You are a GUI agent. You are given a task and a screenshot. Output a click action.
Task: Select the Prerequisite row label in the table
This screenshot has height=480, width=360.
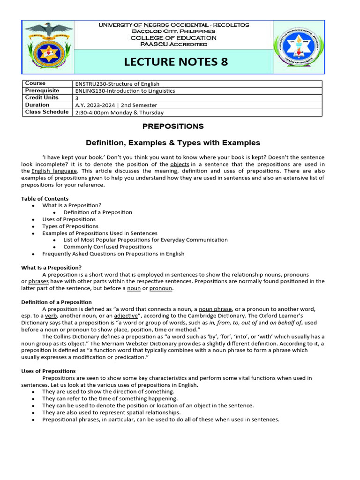pos(42,90)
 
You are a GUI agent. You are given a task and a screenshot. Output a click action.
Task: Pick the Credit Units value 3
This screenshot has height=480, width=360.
pos(77,98)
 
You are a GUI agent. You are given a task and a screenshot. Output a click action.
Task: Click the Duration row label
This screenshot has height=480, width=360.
pos(37,105)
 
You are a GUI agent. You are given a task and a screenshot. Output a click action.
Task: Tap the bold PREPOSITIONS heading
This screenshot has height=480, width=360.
pos(173,126)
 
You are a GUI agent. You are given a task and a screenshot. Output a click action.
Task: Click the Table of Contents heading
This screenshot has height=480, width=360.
pos(45,199)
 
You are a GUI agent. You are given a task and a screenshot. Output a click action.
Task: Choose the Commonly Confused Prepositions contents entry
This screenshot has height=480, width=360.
pos(108,247)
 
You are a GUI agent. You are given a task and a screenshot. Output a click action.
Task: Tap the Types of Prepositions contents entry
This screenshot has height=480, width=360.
pos(70,226)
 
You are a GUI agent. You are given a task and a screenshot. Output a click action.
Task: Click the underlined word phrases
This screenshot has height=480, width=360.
pos(38,281)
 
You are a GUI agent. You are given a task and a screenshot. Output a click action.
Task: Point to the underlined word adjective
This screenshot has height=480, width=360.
pos(126,316)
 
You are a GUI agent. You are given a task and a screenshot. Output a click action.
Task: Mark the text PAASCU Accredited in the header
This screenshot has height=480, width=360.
pos(173,44)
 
